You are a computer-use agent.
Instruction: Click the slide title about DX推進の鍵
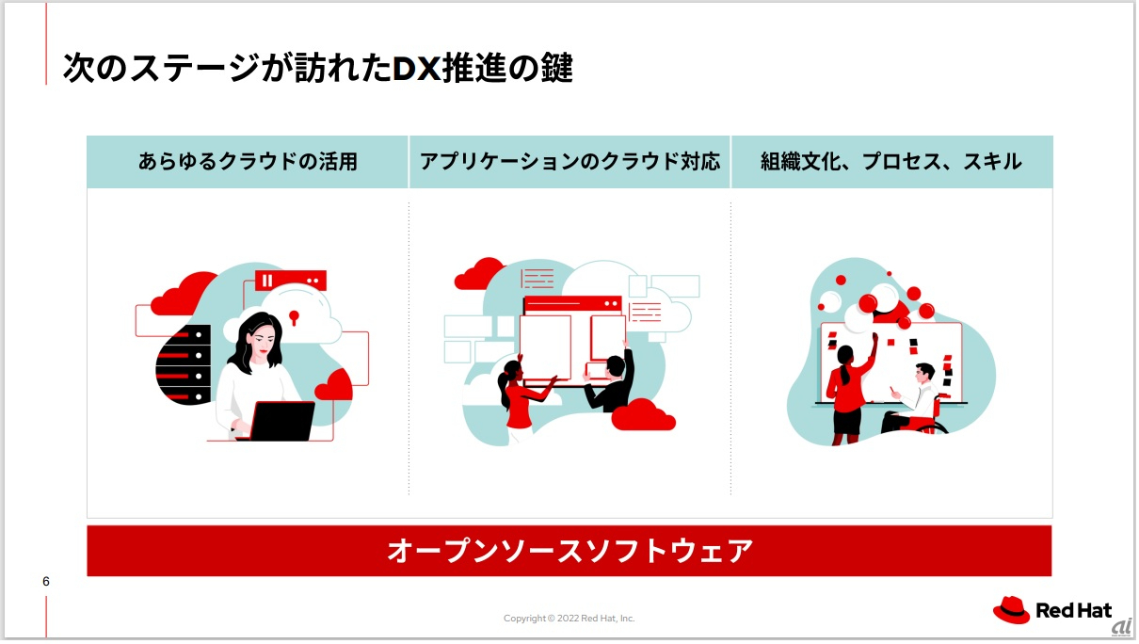click(x=317, y=68)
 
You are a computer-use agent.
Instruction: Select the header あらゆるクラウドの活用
click(x=248, y=162)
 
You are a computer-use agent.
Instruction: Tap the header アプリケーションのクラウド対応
click(x=569, y=162)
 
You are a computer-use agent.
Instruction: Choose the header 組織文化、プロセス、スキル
click(x=890, y=162)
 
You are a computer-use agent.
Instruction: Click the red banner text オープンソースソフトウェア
click(x=569, y=551)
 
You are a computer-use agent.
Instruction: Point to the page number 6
click(x=46, y=581)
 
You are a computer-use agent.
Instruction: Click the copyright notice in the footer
click(x=569, y=619)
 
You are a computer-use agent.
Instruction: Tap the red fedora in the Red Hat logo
click(x=1012, y=610)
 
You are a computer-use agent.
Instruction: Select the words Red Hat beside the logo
click(x=1074, y=611)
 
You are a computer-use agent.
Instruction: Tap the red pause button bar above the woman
click(x=290, y=281)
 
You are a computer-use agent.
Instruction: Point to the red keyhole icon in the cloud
click(x=294, y=315)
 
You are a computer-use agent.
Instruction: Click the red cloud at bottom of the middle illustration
click(x=643, y=414)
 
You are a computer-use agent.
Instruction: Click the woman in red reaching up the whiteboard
click(x=846, y=386)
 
